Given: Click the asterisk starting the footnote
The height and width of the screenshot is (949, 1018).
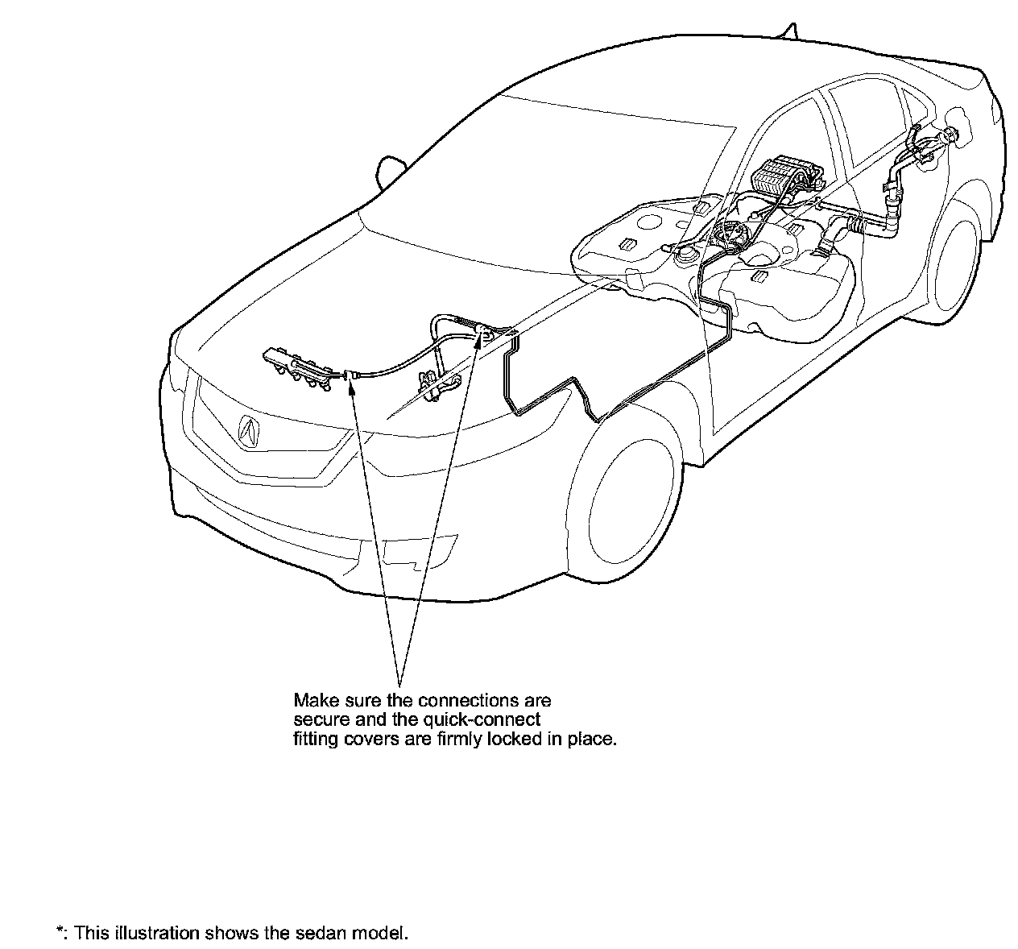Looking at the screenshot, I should [60, 932].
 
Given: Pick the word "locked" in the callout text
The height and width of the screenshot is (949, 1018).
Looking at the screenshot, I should [515, 739].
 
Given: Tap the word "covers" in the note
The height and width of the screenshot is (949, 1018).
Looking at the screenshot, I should [363, 739].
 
